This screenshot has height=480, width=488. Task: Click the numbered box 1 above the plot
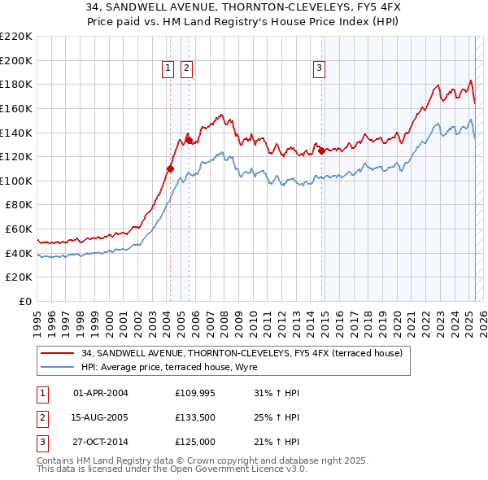point(168,68)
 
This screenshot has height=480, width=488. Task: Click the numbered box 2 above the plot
point(187,68)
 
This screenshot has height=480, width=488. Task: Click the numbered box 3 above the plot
point(319,68)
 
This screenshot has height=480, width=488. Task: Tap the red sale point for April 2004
point(170,168)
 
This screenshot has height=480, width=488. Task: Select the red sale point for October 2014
point(322,151)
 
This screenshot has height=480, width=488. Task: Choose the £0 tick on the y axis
point(26,301)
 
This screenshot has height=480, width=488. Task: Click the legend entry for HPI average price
point(169,368)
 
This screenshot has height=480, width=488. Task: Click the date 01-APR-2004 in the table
point(101,394)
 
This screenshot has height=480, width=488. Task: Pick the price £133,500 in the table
point(194,417)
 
